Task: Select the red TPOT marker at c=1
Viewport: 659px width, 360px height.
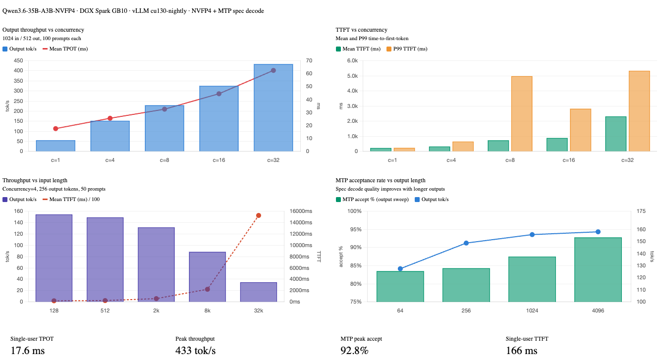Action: pos(55,129)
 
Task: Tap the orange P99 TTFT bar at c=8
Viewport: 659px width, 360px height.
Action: pos(522,114)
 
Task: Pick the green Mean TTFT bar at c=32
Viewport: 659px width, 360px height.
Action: pos(616,134)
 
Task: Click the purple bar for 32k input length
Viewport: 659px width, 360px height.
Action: pos(258,292)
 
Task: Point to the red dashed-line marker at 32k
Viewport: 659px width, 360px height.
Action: pos(259,215)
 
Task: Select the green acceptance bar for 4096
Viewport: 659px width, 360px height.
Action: pos(598,270)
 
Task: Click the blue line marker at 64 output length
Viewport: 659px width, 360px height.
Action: pos(400,269)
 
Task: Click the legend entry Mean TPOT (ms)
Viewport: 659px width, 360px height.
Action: pos(66,49)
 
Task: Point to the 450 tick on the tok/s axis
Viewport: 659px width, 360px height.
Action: pos(18,61)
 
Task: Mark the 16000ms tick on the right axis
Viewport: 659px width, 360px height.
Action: pos(301,211)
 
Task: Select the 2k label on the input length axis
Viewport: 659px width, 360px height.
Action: pos(156,311)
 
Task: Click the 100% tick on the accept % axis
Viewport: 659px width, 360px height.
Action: pos(355,211)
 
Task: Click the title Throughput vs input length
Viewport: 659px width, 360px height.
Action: pos(35,180)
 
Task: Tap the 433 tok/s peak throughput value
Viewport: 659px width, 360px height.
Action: pos(195,351)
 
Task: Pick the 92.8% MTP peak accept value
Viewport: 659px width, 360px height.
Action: pos(354,351)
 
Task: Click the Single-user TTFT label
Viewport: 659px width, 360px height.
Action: pos(527,339)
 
